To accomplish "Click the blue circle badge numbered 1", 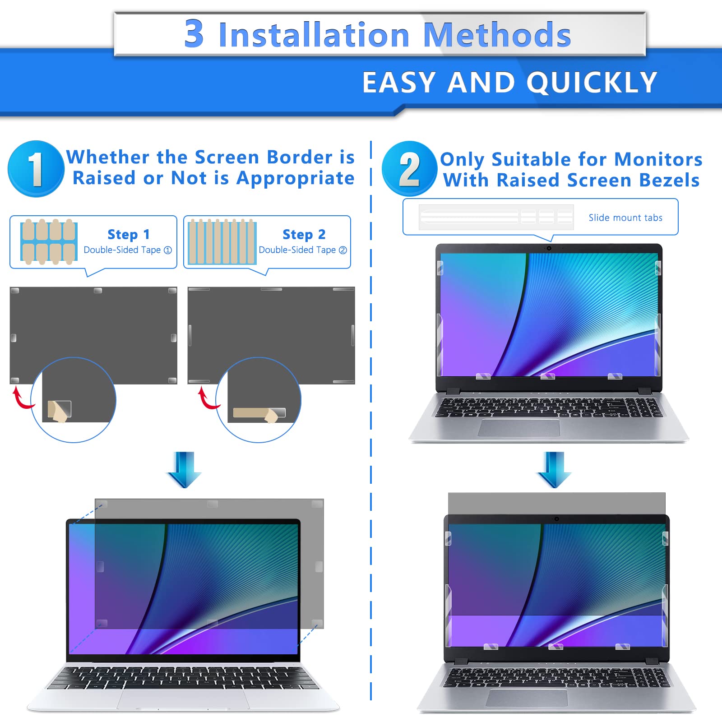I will click(36, 169).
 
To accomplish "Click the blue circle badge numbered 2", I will click(409, 169).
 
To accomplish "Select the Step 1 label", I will click(128, 234).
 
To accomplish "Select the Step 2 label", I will click(304, 234).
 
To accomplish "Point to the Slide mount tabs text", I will click(625, 218).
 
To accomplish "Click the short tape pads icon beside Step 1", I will click(49, 241).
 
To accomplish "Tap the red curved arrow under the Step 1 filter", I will click(21, 398).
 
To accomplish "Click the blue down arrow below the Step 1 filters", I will click(184, 469).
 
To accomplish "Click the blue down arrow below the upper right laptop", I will click(554, 469).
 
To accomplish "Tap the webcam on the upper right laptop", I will click(549, 248).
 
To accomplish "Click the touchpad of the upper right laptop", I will click(518, 427).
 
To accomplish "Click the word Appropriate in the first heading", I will click(295, 178).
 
